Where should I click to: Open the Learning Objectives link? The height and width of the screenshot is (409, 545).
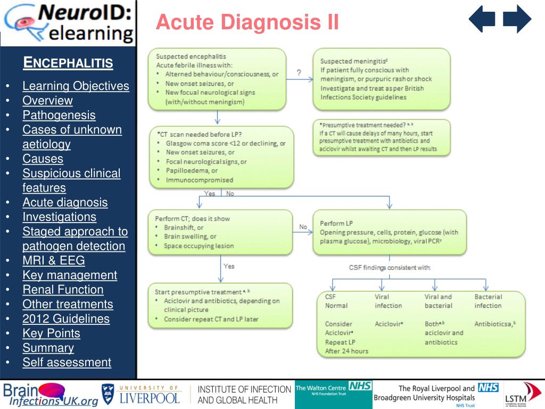76,86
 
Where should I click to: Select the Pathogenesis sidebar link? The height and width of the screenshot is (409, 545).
59,115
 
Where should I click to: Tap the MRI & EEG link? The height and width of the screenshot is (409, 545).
53,260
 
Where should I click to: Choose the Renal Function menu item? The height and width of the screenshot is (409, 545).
63,290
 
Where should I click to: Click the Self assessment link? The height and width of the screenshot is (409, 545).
67,363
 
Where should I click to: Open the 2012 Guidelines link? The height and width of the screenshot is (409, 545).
66,319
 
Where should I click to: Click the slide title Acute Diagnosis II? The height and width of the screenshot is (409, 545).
247,22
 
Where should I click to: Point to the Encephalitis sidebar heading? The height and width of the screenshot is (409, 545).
68,63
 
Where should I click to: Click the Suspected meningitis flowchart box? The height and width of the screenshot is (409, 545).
382,79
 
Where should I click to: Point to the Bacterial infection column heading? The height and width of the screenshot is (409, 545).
488,301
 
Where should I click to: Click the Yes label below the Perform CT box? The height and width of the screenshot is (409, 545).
229,266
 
